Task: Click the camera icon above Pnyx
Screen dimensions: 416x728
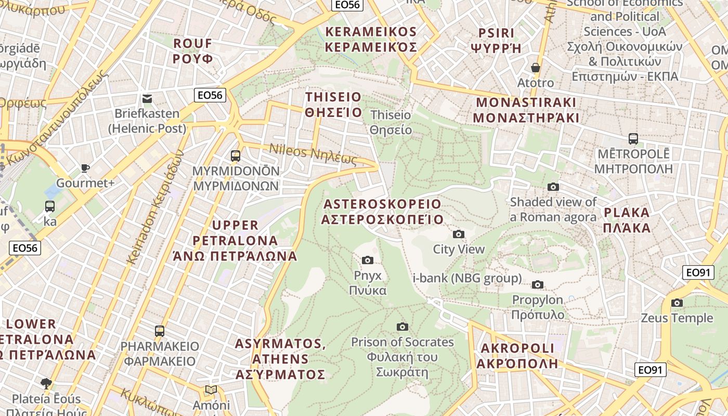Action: coord(368,260)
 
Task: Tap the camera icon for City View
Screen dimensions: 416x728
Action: coord(459,235)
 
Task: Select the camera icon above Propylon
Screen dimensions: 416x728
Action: coord(538,284)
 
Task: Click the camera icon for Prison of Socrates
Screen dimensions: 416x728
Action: coord(402,327)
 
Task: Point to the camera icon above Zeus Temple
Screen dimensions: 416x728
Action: coord(677,303)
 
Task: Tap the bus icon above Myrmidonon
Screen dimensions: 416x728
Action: coord(236,155)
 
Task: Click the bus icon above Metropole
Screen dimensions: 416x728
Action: coord(633,139)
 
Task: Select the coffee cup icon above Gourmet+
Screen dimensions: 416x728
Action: coord(85,168)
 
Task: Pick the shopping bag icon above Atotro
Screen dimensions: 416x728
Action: coord(536,68)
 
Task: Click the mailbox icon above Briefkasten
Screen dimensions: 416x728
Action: coord(147,98)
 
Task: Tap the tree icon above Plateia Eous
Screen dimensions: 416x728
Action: coord(46,384)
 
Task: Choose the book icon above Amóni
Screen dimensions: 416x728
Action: coord(211,390)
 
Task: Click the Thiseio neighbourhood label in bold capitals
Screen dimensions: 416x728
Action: coord(333,105)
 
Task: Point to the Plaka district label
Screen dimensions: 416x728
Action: coord(627,220)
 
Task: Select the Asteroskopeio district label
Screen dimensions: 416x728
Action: coord(382,212)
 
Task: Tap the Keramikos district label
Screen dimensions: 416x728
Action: coord(371,40)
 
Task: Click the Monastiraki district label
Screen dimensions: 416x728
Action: coord(526,110)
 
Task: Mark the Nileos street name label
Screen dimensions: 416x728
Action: coord(313,154)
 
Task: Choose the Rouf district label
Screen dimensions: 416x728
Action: coord(193,50)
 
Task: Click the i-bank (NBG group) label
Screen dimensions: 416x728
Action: coord(467,278)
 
